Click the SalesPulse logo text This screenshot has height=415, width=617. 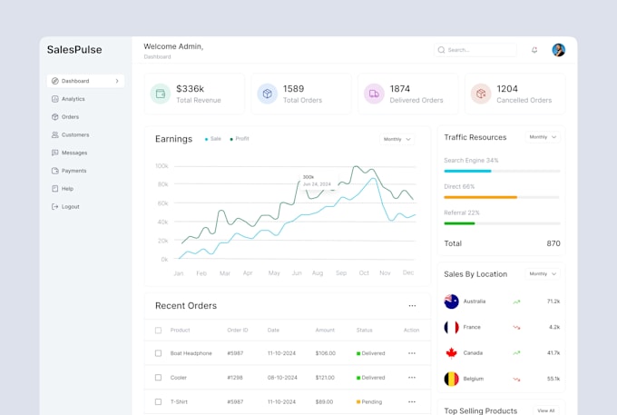[74, 50]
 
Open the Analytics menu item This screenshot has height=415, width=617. [73, 99]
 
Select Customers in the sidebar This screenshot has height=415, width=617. [74, 134]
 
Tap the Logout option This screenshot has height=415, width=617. [70, 206]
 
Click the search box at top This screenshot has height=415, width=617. [475, 50]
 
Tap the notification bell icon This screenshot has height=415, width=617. [534, 50]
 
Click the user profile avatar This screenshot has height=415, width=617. [558, 50]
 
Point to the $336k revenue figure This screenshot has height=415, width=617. [190, 88]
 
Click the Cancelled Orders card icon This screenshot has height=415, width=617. [481, 94]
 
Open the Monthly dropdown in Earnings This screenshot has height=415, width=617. [397, 139]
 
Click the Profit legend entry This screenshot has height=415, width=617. [240, 139]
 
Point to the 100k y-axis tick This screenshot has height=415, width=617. [162, 166]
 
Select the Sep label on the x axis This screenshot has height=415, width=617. [341, 272]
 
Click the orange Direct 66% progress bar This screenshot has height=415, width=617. [480, 197]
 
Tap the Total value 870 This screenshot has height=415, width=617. [553, 243]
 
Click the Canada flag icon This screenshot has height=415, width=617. [451, 352]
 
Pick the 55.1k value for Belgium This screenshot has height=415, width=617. [553, 378]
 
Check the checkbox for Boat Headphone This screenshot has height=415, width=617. [158, 353]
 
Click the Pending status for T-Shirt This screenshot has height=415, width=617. [371, 400]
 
